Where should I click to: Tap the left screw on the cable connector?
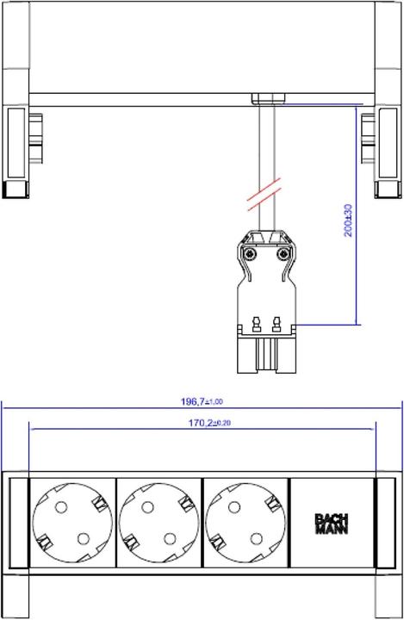[x=250, y=254]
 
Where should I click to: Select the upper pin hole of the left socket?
[x=60, y=508]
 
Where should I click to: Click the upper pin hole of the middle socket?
[x=147, y=508]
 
